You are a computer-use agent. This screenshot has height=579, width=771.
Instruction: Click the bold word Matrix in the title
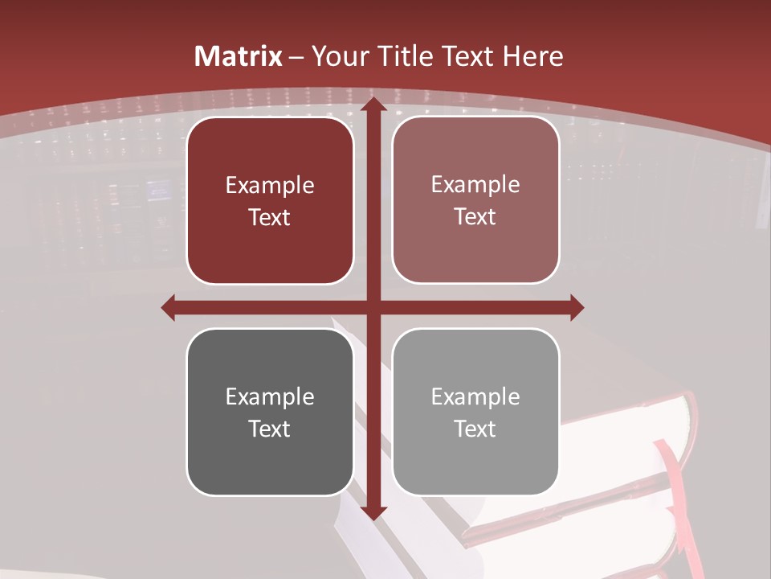239,56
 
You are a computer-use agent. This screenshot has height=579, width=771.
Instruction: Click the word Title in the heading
406,56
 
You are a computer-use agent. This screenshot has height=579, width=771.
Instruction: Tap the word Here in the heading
533,56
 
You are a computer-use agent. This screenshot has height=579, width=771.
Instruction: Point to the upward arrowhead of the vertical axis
373,105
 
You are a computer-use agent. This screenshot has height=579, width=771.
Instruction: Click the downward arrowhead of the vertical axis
373,513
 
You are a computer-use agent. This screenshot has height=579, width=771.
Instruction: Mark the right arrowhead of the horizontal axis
577,307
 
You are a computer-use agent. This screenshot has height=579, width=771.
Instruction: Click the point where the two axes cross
373,307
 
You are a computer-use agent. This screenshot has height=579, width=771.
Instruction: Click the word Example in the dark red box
270,186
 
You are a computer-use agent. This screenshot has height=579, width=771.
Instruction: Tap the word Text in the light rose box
475,217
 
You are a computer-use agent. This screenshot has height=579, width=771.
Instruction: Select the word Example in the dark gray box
270,397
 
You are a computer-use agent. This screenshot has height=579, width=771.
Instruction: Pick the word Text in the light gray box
475,429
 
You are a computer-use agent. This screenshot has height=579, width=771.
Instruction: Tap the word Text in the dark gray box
270,429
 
